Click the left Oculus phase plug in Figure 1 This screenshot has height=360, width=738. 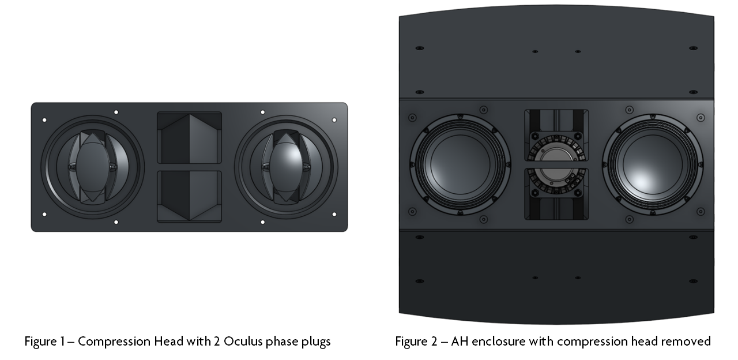[x=93, y=167]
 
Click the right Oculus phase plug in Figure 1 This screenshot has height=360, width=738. [x=286, y=167]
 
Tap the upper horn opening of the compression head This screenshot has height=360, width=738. [x=190, y=138]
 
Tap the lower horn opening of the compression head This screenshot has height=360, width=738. [x=190, y=197]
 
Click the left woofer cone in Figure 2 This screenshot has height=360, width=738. [x=460, y=164]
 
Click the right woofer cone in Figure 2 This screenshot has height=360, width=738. [x=653, y=164]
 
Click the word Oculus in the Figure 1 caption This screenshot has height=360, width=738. [x=243, y=342]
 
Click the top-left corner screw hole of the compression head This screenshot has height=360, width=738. [x=44, y=120]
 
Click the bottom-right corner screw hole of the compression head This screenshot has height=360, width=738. [x=334, y=214]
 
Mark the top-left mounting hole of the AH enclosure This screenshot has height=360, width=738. [x=419, y=48]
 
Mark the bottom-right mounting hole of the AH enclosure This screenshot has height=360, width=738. [x=693, y=281]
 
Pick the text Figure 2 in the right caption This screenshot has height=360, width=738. [x=416, y=342]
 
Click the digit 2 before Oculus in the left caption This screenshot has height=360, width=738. [x=216, y=342]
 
